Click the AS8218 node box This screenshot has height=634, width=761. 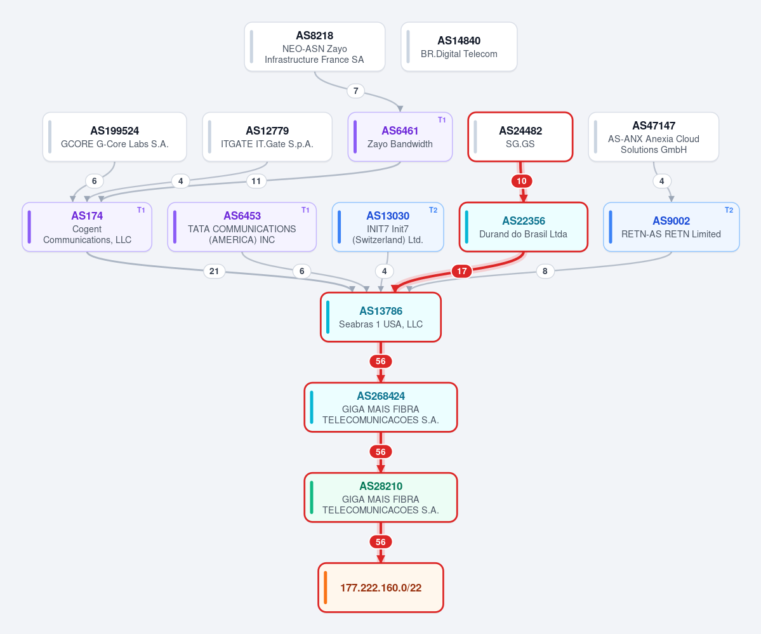pyautogui.click(x=315, y=46)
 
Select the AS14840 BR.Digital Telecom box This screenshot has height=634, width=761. pyautogui.click(x=459, y=46)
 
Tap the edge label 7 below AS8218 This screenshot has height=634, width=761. pyautogui.click(x=356, y=91)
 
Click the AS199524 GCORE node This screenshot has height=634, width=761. pyautogui.click(x=114, y=137)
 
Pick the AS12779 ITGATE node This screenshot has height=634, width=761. pyautogui.click(x=267, y=137)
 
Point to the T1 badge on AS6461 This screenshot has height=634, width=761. pyautogui.click(x=442, y=120)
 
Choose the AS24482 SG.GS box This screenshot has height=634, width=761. pyautogui.click(x=520, y=137)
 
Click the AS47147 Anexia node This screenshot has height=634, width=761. pyautogui.click(x=653, y=137)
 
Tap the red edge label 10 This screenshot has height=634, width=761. pyautogui.click(x=522, y=181)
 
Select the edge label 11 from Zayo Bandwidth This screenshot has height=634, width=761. pyautogui.click(x=256, y=181)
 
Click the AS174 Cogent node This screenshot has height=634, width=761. pyautogui.click(x=87, y=227)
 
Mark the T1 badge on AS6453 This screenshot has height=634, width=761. pyautogui.click(x=305, y=210)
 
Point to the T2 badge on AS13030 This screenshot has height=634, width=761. pyautogui.click(x=433, y=210)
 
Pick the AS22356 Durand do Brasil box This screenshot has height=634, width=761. pyautogui.click(x=524, y=227)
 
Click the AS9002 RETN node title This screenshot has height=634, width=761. pyautogui.click(x=672, y=221)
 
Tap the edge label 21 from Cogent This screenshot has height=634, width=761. pyautogui.click(x=214, y=271)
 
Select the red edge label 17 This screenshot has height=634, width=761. pyautogui.click(x=462, y=271)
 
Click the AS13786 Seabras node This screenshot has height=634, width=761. pyautogui.click(x=381, y=317)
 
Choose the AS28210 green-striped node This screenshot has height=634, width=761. pyautogui.click(x=381, y=498)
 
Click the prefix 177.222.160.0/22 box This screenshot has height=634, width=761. pyautogui.click(x=381, y=588)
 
